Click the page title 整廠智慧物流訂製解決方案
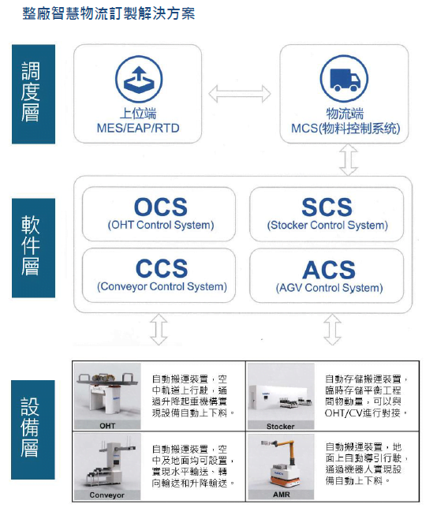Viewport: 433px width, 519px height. coord(109,13)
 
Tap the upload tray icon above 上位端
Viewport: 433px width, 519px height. coord(139,79)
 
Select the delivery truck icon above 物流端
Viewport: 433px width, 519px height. coord(345,79)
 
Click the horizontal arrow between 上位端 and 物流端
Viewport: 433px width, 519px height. coord(240,94)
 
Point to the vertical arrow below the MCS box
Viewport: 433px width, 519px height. coord(349,159)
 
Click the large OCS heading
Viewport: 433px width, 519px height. coord(161,207)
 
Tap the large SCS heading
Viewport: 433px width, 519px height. coord(327,207)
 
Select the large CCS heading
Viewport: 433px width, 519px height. coord(162,268)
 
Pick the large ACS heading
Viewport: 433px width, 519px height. coord(329,270)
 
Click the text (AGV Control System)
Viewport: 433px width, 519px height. coord(330,288)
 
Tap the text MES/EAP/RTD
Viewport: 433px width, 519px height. coord(138,128)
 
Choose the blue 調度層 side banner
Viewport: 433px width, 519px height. coord(33,94)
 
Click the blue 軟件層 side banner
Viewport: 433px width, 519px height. coord(33,248)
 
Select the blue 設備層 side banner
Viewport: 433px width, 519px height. coord(33,430)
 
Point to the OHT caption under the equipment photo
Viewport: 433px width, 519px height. coord(107,426)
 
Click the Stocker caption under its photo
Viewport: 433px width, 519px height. coord(281,426)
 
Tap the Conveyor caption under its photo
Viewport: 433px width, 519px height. coord(107,495)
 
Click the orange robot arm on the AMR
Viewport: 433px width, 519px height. coord(284,450)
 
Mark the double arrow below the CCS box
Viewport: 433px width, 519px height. coord(159,330)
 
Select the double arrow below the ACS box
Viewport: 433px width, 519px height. coord(332,330)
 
